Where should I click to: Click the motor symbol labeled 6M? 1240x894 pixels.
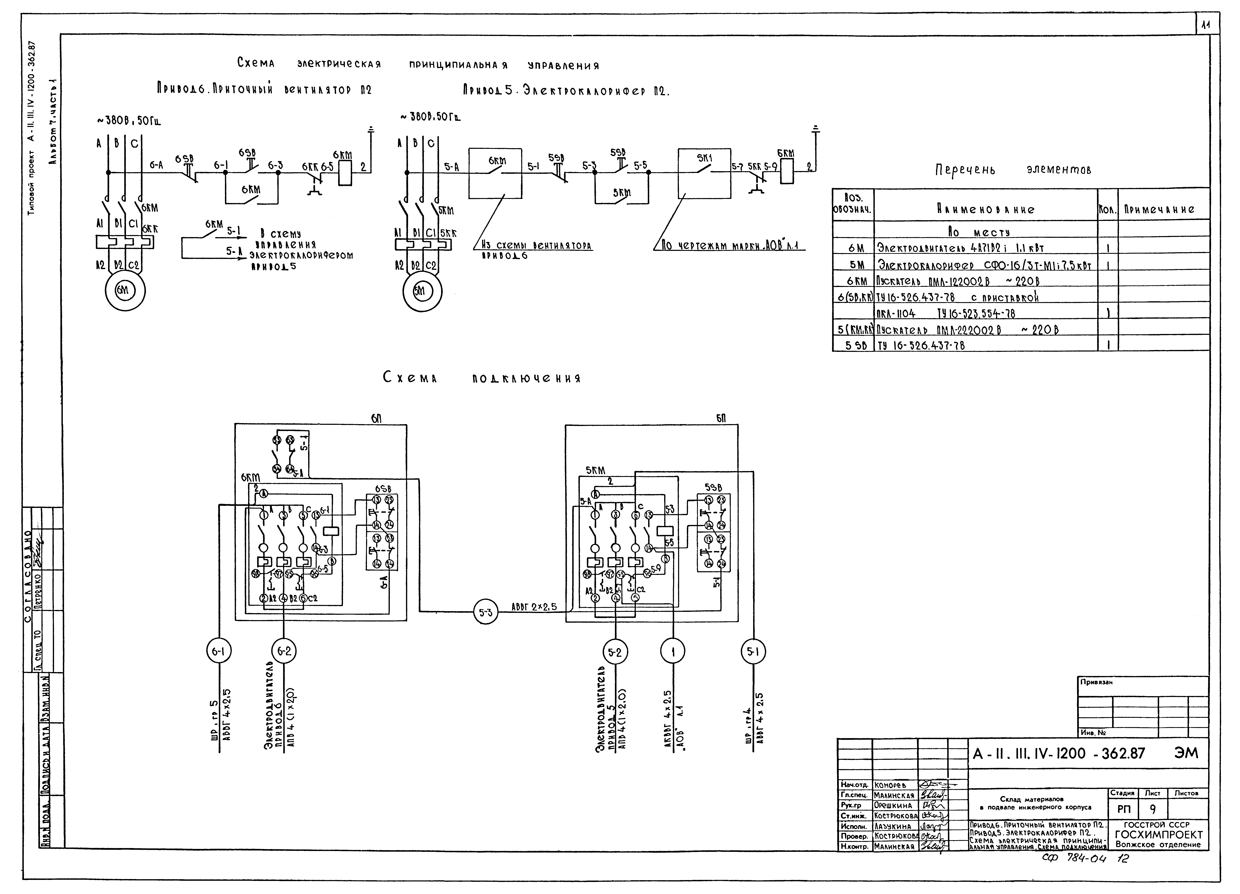125,291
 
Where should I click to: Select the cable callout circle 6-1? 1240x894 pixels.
219,651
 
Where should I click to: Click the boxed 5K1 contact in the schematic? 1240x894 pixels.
704,173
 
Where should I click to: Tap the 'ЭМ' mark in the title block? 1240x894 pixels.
1185,753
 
